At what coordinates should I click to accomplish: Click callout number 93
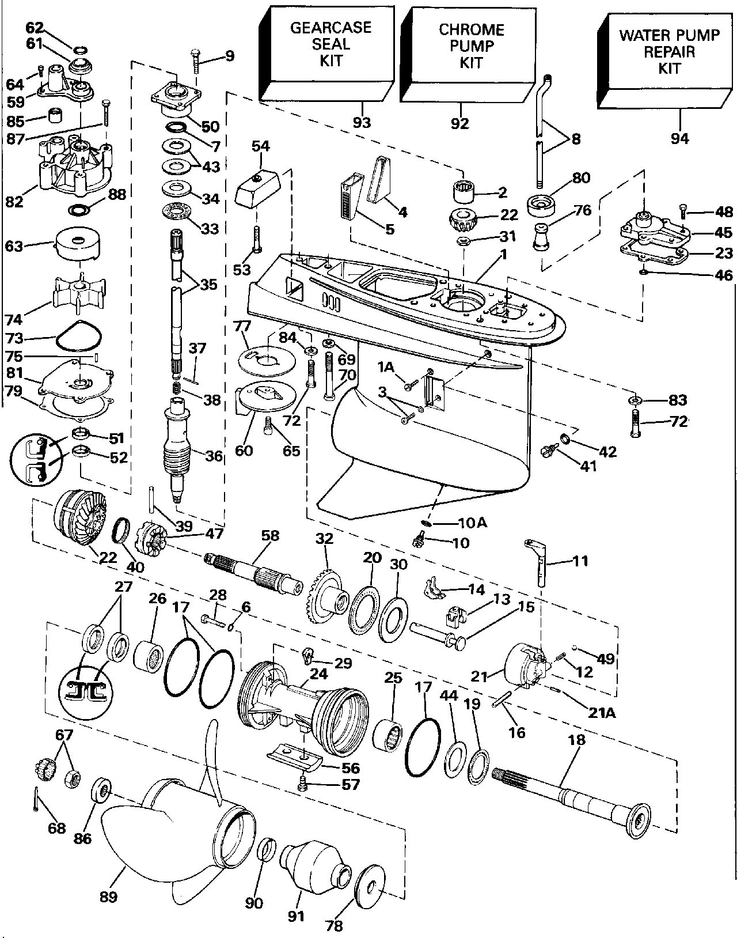[362, 122]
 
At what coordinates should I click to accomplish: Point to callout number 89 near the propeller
[108, 897]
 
